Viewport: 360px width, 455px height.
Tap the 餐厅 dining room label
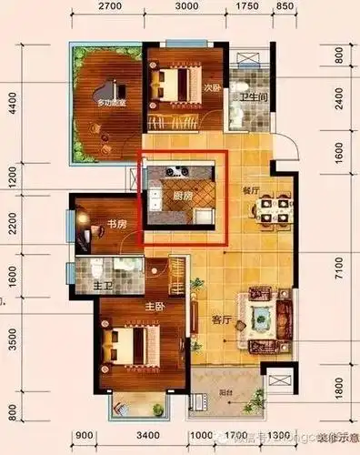[x=252, y=192]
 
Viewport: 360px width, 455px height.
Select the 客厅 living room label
[x=221, y=320]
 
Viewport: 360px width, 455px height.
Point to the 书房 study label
[x=116, y=224]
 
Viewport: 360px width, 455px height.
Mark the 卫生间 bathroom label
[x=253, y=97]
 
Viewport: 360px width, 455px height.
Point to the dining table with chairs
[x=273, y=210]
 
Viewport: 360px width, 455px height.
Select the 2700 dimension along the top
[x=109, y=7]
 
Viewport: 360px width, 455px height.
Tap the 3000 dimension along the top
[x=185, y=7]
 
